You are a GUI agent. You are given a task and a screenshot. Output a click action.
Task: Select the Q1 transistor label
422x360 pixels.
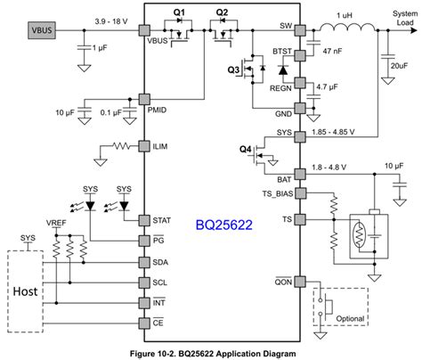(178, 12)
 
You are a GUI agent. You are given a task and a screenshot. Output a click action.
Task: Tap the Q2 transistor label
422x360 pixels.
(222, 12)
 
